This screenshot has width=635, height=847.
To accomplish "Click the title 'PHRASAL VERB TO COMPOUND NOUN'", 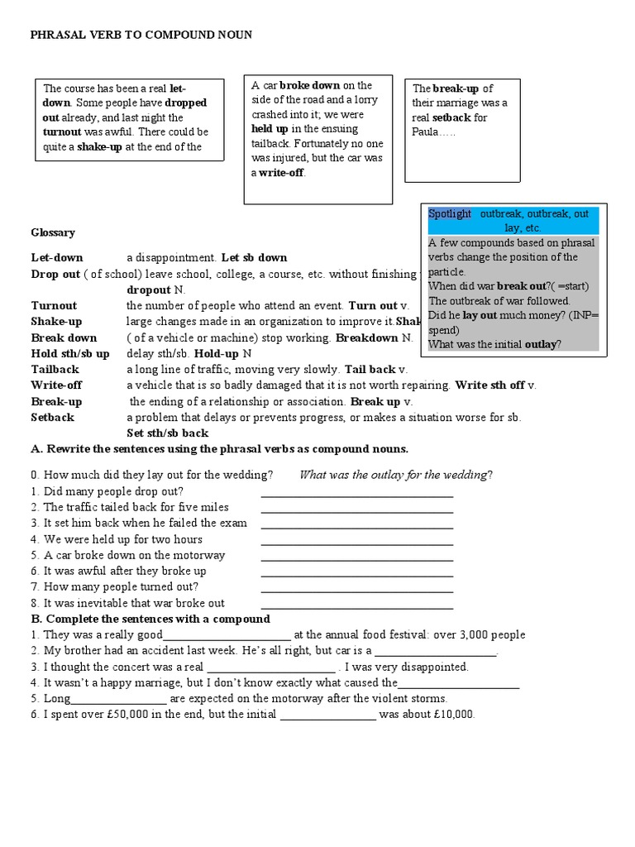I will [x=141, y=35].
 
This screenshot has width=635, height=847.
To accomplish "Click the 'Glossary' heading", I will [x=53, y=233].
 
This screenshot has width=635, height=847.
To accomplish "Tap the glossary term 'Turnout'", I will [x=54, y=305].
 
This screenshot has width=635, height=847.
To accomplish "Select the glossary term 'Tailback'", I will [x=55, y=369].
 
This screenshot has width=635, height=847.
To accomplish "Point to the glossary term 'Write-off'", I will [x=56, y=385].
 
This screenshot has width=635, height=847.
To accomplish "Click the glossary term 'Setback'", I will [x=53, y=417].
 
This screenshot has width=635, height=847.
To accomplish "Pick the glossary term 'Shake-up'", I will [x=56, y=321].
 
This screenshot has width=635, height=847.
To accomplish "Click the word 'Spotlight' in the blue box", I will [x=450, y=213].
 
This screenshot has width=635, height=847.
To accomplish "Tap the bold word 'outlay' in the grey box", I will [x=542, y=344].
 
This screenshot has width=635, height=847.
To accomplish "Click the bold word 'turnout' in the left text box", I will [x=62, y=132].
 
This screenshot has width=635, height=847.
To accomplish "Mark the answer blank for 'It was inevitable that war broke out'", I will [x=357, y=605].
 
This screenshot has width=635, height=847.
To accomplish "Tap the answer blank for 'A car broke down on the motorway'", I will [x=357, y=557].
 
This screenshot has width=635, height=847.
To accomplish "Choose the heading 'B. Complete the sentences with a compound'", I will [x=150, y=619].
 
